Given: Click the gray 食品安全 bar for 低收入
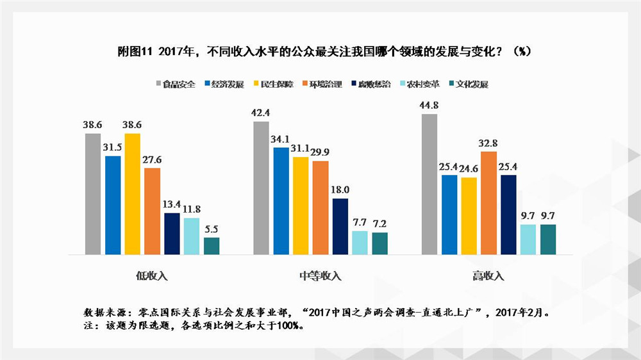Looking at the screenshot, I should (93, 194).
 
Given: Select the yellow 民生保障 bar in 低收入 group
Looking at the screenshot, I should (133, 194).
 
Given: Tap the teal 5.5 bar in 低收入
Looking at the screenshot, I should (212, 246).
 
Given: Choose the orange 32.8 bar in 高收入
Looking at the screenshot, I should (489, 203).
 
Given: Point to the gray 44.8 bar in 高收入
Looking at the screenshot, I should (429, 184).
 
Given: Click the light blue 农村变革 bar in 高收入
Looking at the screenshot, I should (528, 240).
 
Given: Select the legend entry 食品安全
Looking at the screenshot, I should (176, 84).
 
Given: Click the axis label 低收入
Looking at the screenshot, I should (152, 276).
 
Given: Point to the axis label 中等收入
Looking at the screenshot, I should (320, 276).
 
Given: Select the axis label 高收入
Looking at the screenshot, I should (488, 276).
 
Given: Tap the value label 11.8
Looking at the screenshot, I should (192, 209).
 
